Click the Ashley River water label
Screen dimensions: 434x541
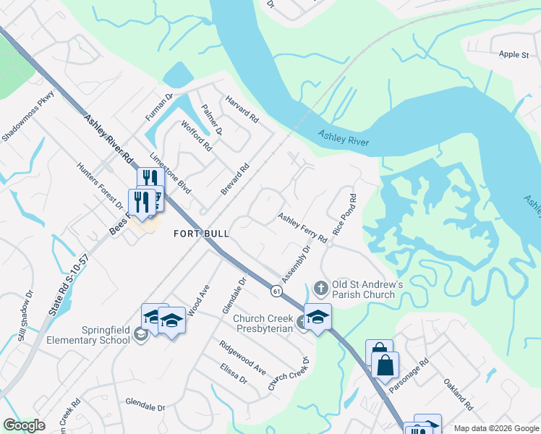click(344, 137)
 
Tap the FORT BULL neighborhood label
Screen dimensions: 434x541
click(201, 234)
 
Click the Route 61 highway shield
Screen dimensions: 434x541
click(277, 291)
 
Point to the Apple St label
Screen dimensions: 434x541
click(514, 54)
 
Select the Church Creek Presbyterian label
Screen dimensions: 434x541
click(257, 323)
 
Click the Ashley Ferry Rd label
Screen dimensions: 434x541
click(303, 229)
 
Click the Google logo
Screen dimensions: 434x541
click(25, 425)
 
